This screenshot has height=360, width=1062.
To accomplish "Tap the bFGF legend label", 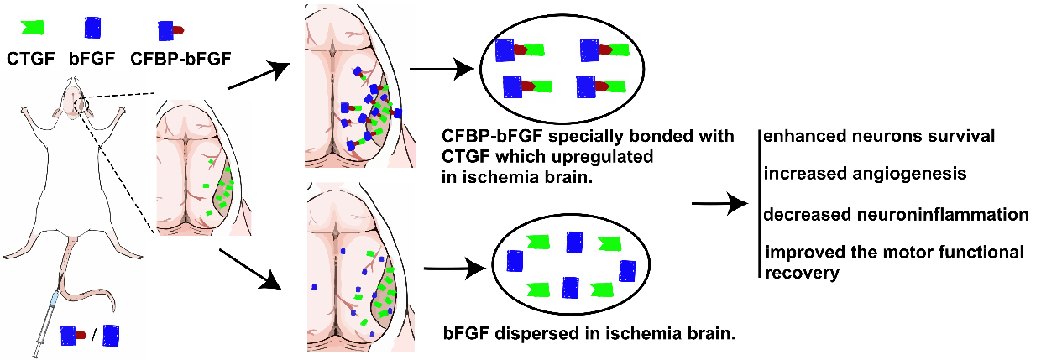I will (93, 59).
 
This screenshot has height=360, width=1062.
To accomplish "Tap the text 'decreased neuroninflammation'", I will (896, 215).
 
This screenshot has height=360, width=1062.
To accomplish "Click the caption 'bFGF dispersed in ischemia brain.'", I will (589, 334).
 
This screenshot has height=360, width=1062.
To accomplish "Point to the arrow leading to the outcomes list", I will (719, 204).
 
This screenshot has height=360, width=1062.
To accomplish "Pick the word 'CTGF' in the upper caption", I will (463, 157).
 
